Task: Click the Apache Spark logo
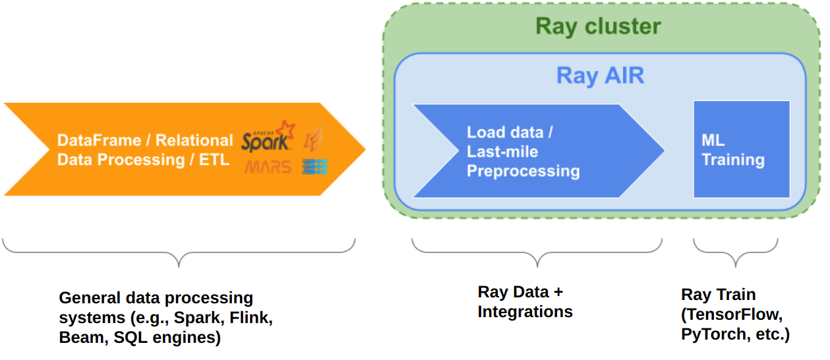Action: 267,136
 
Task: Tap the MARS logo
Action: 268,167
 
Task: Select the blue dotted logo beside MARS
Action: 314,166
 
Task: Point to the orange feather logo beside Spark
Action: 313,138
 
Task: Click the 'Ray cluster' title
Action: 597,26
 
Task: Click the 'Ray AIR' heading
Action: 600,75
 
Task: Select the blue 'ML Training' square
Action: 741,149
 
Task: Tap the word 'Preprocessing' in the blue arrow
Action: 523,171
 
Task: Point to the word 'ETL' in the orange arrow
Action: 215,160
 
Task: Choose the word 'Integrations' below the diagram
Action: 525,311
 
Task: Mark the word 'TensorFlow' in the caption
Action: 732,314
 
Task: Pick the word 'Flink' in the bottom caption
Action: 250,318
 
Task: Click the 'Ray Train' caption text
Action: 718,294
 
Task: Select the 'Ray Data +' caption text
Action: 521,291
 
